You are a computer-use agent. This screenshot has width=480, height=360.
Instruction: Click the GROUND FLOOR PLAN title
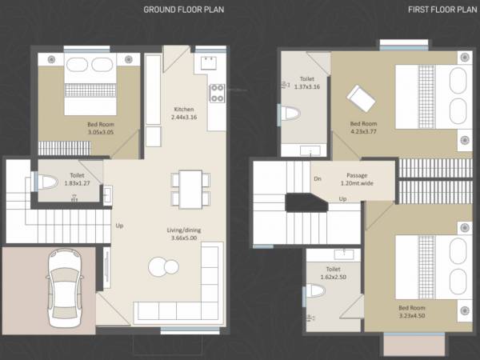[183, 10]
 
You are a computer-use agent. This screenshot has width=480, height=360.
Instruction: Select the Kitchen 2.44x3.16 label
[185, 113]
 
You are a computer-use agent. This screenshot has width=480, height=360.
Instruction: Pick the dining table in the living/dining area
[190, 189]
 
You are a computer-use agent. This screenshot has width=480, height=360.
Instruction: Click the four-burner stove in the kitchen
[217, 94]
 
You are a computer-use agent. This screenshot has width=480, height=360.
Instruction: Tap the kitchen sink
[210, 62]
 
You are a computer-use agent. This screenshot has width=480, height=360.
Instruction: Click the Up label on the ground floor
[119, 225]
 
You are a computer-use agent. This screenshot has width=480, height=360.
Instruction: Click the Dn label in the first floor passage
[318, 179]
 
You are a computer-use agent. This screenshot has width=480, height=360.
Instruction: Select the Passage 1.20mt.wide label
[357, 179]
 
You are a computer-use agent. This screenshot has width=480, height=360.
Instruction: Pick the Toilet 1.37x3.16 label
[306, 82]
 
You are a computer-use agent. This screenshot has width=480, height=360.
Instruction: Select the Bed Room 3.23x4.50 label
[412, 312]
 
